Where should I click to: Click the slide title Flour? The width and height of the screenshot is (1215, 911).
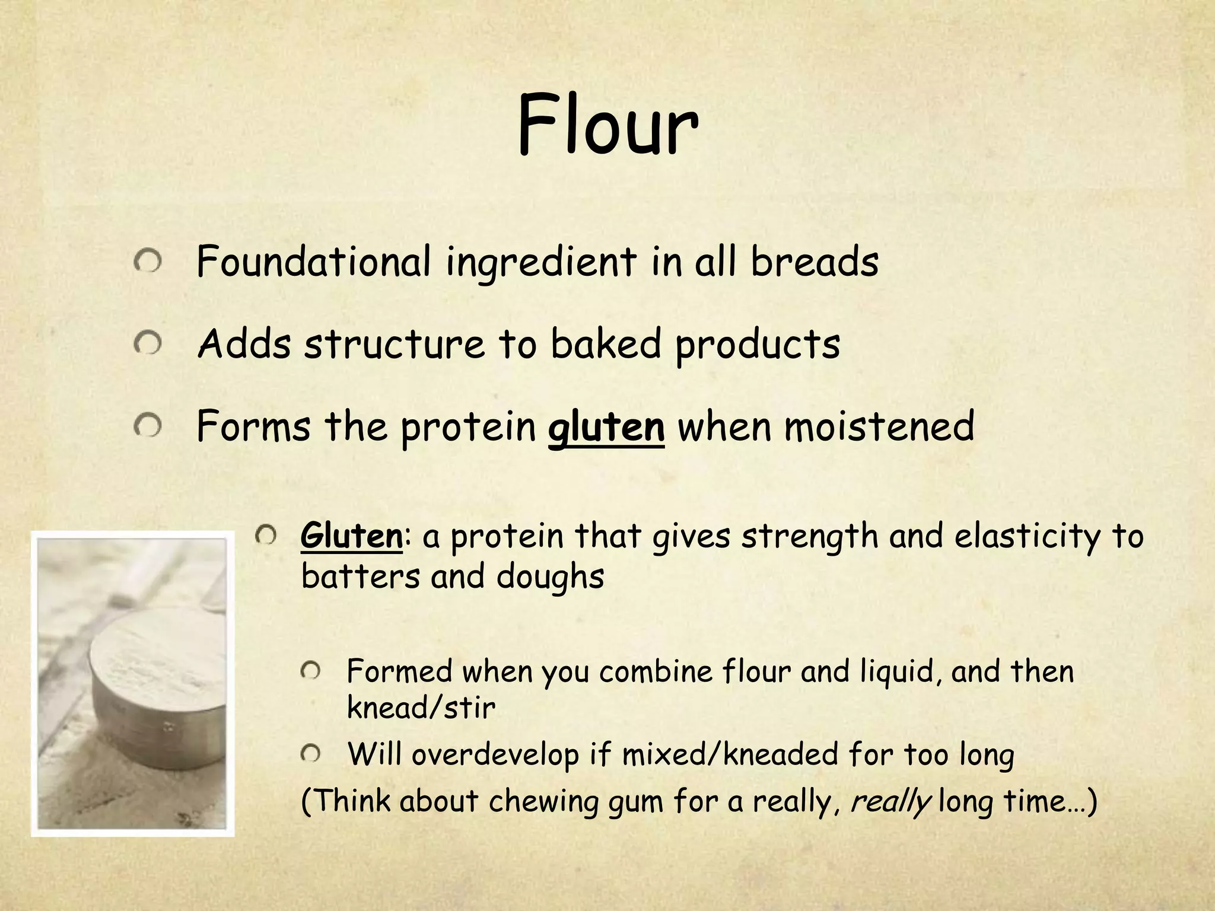607,128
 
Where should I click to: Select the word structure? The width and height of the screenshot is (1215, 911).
394,344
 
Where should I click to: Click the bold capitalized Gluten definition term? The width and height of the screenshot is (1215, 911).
352,536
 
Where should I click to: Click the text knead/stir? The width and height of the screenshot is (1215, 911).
421,708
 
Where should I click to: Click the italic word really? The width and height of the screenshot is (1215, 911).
890,801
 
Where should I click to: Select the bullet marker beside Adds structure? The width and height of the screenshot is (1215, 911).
147,343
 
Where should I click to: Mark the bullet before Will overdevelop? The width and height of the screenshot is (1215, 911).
310,754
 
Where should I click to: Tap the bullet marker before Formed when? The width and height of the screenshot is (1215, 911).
310,671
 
